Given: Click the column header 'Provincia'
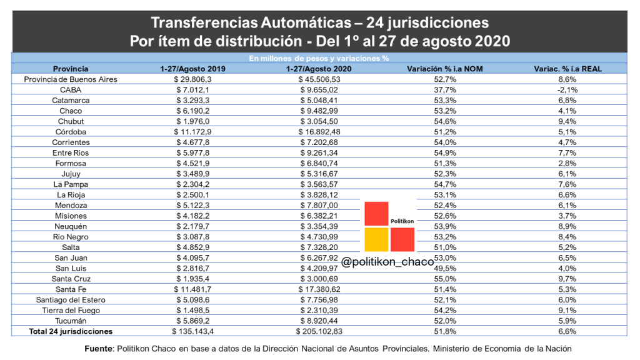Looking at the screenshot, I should [x=71, y=69].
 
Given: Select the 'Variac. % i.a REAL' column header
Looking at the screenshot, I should [x=567, y=69].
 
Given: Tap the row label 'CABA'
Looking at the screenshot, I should [x=71, y=90].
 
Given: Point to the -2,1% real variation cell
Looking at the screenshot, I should [x=567, y=90].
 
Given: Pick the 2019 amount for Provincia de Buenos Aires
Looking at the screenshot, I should [x=195, y=79].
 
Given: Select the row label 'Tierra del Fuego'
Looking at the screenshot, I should [x=71, y=311].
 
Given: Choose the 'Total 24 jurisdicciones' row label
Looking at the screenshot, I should [x=71, y=331].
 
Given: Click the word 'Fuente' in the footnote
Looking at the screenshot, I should [x=99, y=349].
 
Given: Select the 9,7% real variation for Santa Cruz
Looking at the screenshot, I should [x=567, y=279].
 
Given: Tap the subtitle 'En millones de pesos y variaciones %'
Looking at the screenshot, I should [x=319, y=59].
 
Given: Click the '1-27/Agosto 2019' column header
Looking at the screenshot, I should [x=195, y=69].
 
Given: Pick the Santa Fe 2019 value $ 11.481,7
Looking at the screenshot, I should [x=195, y=289].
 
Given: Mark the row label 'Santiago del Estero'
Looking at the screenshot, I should [x=71, y=300].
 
